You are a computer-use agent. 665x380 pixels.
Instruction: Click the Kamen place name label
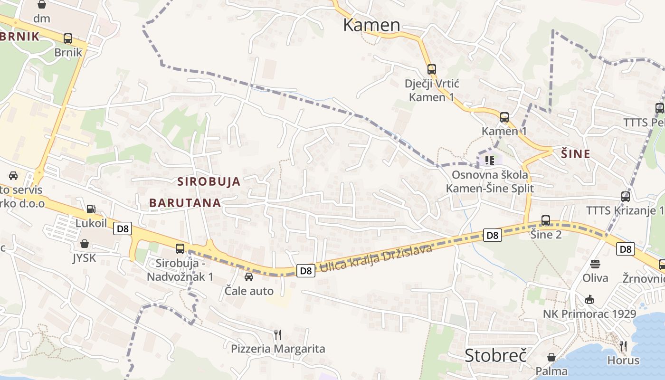coord(371,25)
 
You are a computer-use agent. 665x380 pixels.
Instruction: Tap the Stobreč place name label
coord(496,355)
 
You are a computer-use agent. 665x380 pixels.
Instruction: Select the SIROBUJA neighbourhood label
coord(209,181)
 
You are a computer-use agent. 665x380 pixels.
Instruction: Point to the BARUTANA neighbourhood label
coord(185,203)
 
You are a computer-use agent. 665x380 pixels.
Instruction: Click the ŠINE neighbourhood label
coord(576,154)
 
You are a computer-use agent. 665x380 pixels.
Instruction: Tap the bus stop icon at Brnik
coord(68,38)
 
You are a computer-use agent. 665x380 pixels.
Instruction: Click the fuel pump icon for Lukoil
coord(90,209)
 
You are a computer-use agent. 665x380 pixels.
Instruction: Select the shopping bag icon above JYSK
coord(85,244)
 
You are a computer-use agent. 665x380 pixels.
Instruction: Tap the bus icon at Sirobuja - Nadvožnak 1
coord(180,248)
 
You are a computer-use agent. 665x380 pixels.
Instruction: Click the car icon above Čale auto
coord(248,277)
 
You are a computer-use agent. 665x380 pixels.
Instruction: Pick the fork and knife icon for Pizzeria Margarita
coord(278,335)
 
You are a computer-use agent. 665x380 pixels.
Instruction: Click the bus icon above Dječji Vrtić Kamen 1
coord(431,69)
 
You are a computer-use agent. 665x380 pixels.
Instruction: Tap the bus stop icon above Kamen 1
coord(504,117)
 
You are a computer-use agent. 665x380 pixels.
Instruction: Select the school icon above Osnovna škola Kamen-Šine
coord(490,160)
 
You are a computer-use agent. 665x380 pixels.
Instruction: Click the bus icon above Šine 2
coord(546,220)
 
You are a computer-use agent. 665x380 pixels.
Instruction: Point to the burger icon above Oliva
coord(595,264)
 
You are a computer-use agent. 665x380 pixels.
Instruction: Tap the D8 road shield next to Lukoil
coord(123,229)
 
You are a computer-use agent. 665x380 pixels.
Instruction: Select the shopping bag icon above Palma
coord(551,357)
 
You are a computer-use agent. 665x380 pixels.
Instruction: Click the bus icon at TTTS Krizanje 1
coord(626,196)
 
